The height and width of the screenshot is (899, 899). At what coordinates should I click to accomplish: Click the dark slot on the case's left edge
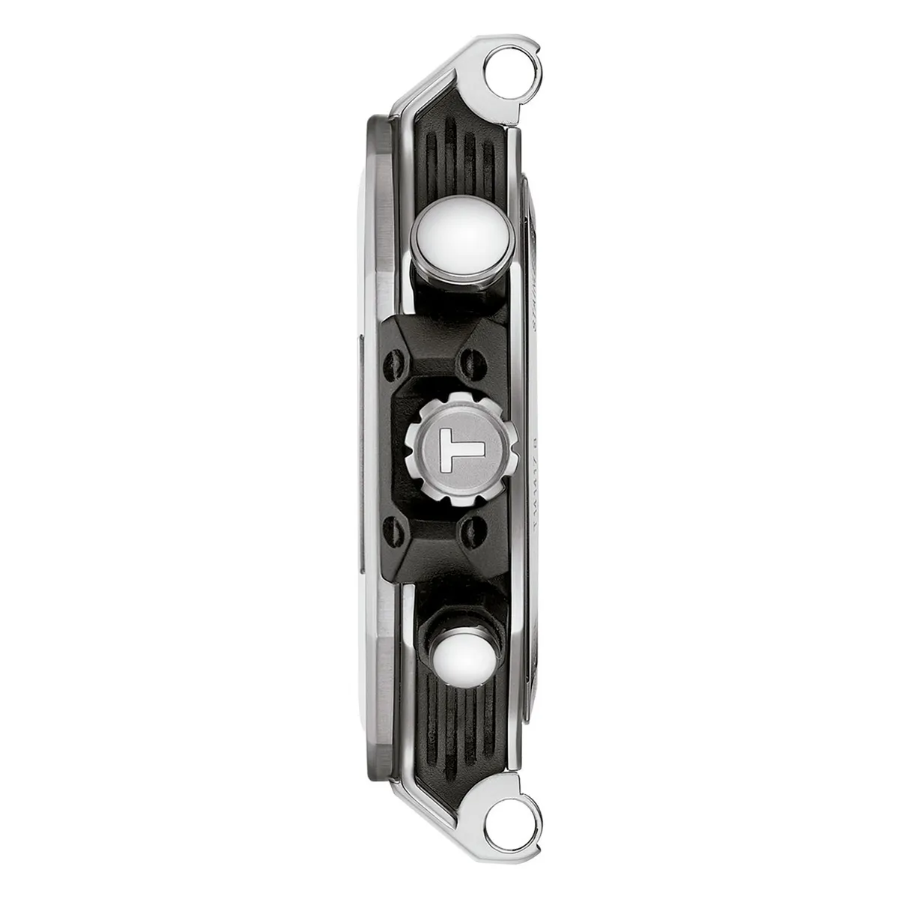coord(361,449)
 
